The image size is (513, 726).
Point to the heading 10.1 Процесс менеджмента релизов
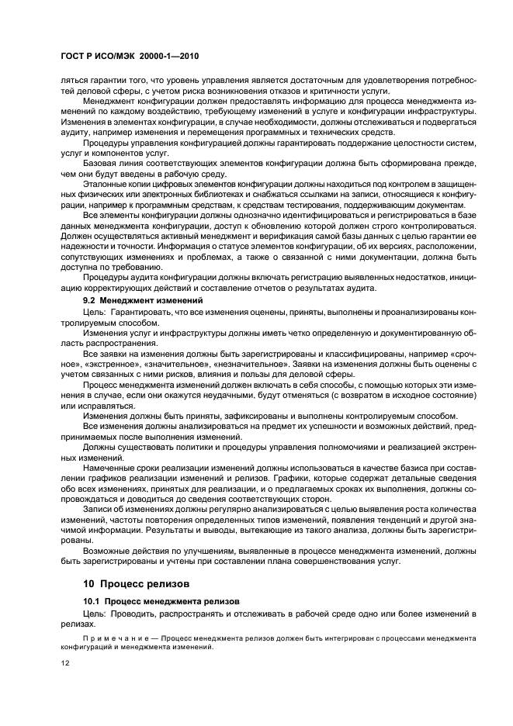(161, 601)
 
